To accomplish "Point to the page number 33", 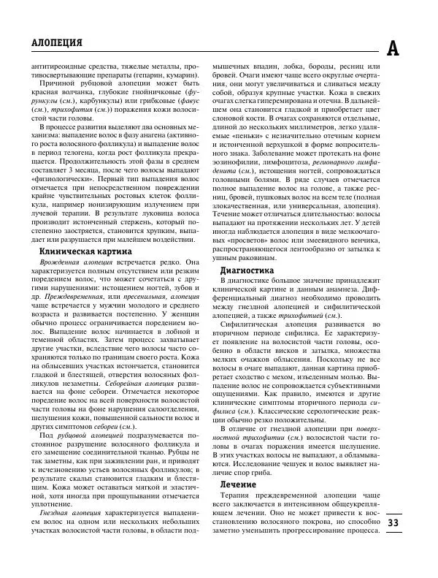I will pos(393,522).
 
